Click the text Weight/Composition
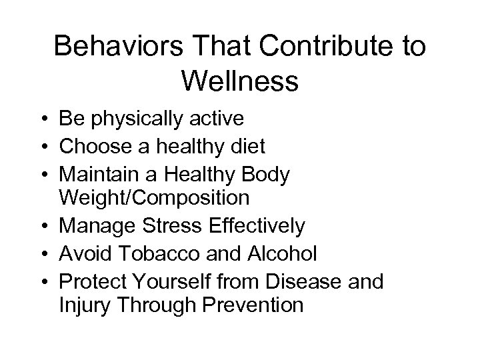pyautogui.click(x=154, y=198)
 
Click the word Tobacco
pyautogui.click(x=153, y=254)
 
